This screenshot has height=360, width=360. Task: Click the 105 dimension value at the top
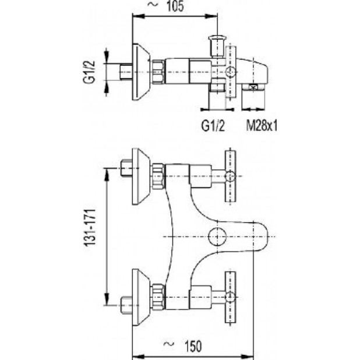click(175, 6)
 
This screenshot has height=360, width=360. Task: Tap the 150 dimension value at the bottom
click(193, 346)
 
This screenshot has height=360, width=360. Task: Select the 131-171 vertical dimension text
click(90, 228)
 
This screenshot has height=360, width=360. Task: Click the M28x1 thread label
click(262, 126)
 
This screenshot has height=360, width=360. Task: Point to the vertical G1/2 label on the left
click(89, 72)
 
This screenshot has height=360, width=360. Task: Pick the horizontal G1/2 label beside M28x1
click(213, 126)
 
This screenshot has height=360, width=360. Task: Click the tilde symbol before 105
click(153, 5)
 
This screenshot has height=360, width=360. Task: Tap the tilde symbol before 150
click(168, 344)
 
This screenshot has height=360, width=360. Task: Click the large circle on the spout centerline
click(217, 237)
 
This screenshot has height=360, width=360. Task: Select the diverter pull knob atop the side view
click(217, 47)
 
